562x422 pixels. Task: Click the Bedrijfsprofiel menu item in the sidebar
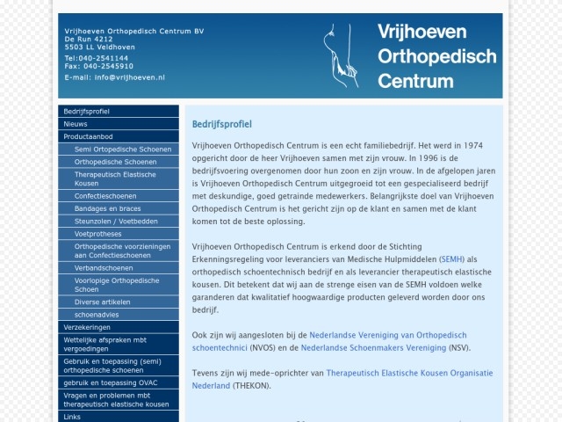(86, 112)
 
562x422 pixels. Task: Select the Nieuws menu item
(76, 124)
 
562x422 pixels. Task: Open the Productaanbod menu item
(88, 136)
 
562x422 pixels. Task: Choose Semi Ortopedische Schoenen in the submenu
(123, 149)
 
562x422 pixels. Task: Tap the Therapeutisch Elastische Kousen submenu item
(115, 178)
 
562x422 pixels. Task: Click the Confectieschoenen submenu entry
(105, 196)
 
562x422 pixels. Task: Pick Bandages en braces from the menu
(107, 208)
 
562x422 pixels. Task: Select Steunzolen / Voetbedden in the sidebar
(116, 222)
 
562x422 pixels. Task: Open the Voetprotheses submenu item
(98, 234)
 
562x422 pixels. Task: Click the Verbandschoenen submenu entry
(104, 267)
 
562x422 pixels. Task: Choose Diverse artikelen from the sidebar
(102, 302)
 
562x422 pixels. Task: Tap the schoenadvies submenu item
(97, 314)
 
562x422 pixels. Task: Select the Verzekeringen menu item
(87, 327)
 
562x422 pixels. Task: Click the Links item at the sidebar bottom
(72, 417)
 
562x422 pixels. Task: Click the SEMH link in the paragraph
(452, 259)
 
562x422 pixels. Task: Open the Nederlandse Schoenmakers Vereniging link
(373, 347)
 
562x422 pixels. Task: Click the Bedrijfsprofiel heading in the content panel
(221, 124)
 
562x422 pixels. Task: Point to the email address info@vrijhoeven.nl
(129, 77)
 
